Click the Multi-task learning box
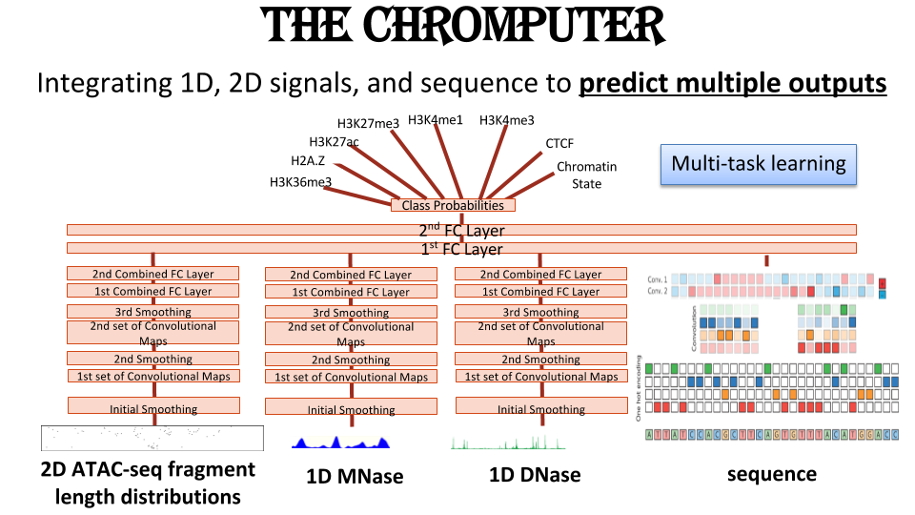pyautogui.click(x=758, y=164)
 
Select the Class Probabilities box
pyautogui.click(x=453, y=205)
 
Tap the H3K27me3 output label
pyautogui.click(x=368, y=123)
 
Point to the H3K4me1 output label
pyautogui.click(x=436, y=120)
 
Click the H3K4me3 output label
pyautogui.click(x=506, y=120)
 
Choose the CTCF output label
pyautogui.click(x=559, y=144)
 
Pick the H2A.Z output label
pyautogui.click(x=308, y=161)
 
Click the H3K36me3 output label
pyautogui.click(x=300, y=182)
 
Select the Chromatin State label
pyautogui.click(x=586, y=175)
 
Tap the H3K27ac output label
pyautogui.click(x=334, y=142)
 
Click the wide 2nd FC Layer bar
pyautogui.click(x=461, y=230)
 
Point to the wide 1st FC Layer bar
pyautogui.click(x=461, y=249)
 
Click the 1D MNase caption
pyautogui.click(x=355, y=476)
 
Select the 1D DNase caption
pyautogui.click(x=536, y=475)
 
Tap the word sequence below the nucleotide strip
pyautogui.click(x=772, y=474)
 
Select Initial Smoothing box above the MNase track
pyautogui.click(x=351, y=408)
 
